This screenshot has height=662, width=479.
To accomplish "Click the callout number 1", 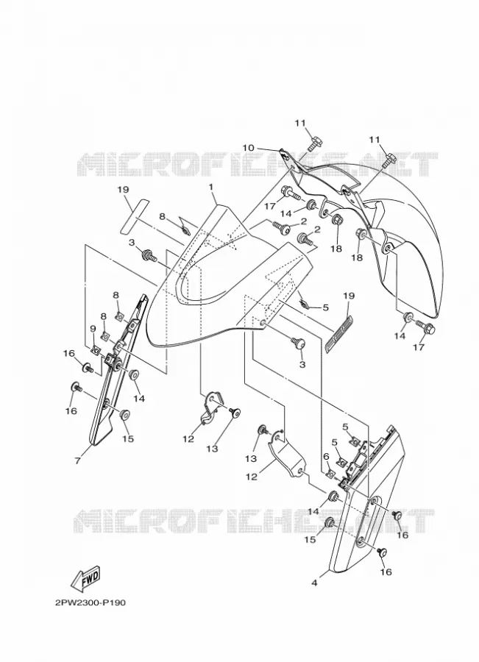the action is (x=210, y=186).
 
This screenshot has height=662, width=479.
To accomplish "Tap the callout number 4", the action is (x=314, y=583).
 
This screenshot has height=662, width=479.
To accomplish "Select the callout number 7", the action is (x=77, y=461).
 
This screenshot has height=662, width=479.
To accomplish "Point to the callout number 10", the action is (x=249, y=148).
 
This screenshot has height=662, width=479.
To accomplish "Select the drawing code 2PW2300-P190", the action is (x=91, y=602).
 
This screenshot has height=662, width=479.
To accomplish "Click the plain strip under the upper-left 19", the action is (x=135, y=216).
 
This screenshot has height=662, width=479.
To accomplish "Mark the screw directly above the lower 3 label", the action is (x=298, y=344).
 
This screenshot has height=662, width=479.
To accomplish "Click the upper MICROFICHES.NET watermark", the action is (x=258, y=164).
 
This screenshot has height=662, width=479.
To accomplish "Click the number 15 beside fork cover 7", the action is (x=128, y=438).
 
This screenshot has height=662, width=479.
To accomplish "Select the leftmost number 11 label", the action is (x=300, y=124).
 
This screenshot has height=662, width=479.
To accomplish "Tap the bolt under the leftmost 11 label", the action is (x=312, y=143).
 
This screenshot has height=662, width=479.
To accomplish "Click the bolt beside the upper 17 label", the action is (x=291, y=193).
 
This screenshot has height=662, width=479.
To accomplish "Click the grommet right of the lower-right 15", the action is (x=331, y=523).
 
